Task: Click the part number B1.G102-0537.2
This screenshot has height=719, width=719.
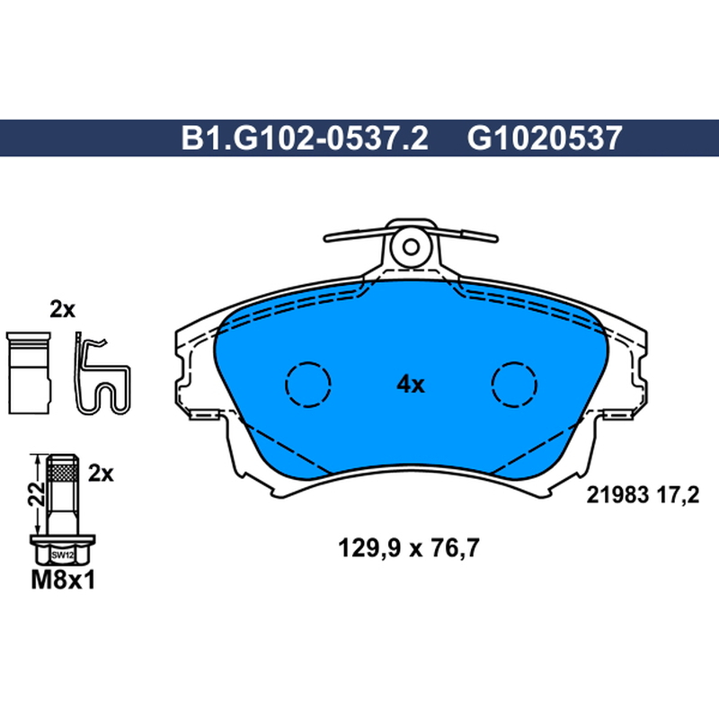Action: (305, 138)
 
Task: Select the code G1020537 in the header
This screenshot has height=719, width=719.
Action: (545, 138)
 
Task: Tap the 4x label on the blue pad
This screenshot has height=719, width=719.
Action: (411, 385)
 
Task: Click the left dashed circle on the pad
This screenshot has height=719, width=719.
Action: (308, 385)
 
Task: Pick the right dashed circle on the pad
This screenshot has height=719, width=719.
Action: (514, 385)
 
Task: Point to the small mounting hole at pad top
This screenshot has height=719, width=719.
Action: (411, 247)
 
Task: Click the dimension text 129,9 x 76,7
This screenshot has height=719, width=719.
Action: (409, 547)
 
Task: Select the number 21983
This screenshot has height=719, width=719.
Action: (617, 495)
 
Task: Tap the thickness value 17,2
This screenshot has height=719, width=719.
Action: (678, 496)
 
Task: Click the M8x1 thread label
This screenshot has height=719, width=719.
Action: (63, 581)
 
